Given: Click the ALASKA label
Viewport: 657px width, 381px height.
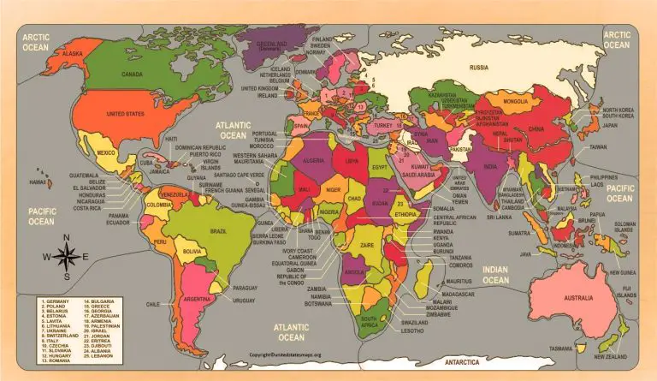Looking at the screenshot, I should point(73,53).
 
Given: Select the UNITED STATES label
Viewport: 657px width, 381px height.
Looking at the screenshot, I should point(125,114).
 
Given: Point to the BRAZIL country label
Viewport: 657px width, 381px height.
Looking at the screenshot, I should point(219,231).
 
